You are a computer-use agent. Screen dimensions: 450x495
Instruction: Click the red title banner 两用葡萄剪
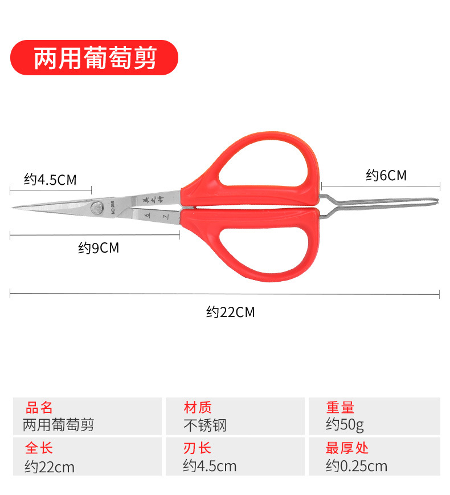[95, 58]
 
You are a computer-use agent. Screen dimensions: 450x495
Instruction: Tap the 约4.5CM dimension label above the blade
[50, 180]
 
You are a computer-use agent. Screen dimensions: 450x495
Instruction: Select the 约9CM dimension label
[99, 248]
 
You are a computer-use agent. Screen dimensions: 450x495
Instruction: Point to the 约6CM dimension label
[386, 175]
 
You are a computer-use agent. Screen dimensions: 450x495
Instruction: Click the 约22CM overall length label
[230, 312]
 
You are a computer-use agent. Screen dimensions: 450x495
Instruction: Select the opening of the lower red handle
[267, 245]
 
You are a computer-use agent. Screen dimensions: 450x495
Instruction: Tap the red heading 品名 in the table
[39, 408]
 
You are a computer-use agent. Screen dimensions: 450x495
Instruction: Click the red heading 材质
[198, 408]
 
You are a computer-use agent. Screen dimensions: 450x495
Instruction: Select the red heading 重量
[340, 408]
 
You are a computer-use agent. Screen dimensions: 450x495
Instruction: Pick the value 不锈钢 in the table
[205, 425]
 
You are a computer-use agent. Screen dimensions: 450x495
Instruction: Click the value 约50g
[345, 425]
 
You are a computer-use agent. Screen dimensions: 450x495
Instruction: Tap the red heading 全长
[39, 448]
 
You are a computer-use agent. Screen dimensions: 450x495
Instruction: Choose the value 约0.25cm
[357, 466]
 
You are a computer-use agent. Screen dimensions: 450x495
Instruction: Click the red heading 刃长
[198, 448]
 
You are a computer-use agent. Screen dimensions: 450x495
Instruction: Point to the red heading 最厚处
[347, 448]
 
